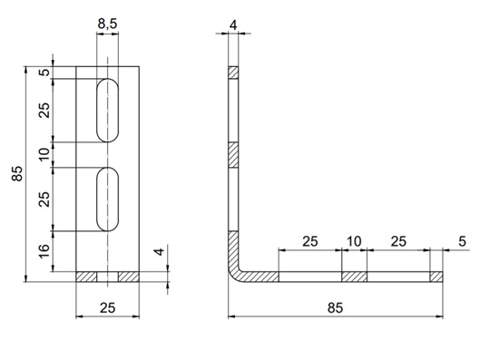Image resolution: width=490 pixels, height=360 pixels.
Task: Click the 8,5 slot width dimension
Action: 107,24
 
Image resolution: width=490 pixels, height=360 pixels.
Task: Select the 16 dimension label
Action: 44,250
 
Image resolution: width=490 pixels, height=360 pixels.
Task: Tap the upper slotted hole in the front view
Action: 107,111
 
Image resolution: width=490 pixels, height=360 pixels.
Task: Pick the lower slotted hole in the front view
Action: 107,199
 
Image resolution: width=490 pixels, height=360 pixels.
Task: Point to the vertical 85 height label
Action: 17,173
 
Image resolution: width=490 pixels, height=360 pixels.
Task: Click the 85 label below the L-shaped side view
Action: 335,307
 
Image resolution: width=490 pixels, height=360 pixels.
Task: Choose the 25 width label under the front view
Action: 107,307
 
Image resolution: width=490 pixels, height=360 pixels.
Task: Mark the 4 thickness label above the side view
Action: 233,25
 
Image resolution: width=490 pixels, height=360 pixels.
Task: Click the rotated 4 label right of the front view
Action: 160,252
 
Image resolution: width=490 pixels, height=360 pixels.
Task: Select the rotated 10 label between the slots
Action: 44,154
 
